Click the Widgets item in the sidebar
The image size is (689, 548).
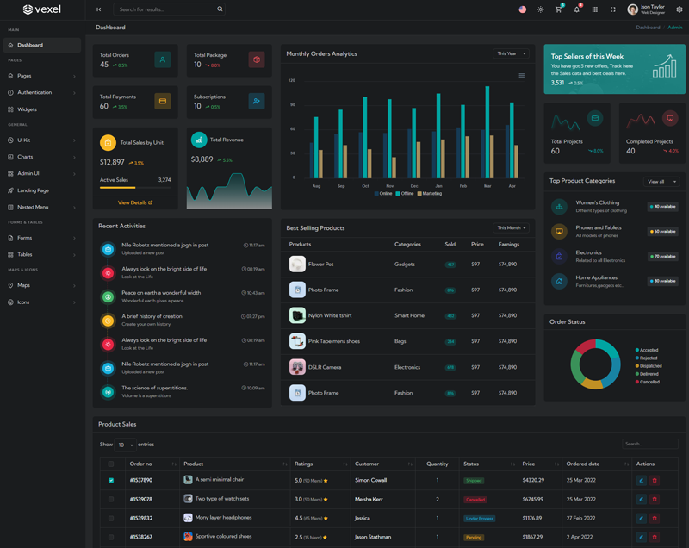(27, 109)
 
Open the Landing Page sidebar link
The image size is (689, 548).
(33, 190)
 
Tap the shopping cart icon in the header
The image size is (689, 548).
(558, 9)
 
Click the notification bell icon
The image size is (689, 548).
(577, 9)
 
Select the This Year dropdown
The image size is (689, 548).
(511, 53)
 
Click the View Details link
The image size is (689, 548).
(134, 202)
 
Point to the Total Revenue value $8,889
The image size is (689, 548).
(202, 159)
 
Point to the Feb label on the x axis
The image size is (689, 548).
(463, 186)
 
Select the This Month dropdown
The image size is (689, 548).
(511, 228)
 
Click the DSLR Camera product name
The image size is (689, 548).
(325, 367)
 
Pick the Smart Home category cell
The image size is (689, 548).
(409, 315)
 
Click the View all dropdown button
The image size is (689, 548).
(661, 182)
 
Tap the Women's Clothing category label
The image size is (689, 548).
(598, 202)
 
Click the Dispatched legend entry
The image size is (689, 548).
(649, 366)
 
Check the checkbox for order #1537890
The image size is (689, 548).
(111, 481)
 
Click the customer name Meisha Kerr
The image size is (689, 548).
(369, 499)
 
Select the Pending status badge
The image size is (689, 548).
(474, 537)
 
